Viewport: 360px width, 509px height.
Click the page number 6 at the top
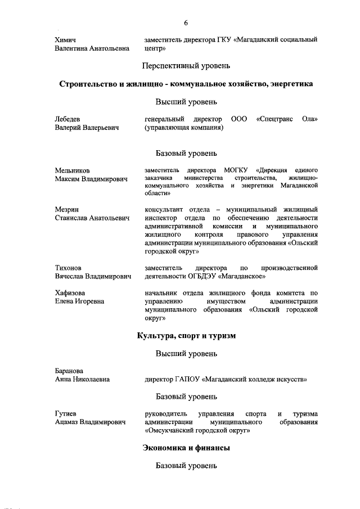[186, 22]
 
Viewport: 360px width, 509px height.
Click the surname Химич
[66, 39]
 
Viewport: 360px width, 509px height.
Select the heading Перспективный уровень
[186, 66]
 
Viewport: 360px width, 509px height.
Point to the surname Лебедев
[67, 119]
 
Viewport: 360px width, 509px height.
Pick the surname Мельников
[72, 170]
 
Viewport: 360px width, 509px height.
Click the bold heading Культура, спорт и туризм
[186, 336]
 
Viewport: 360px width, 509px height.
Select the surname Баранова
[69, 371]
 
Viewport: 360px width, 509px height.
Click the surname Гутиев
[66, 414]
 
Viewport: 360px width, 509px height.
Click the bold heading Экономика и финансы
[186, 448]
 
